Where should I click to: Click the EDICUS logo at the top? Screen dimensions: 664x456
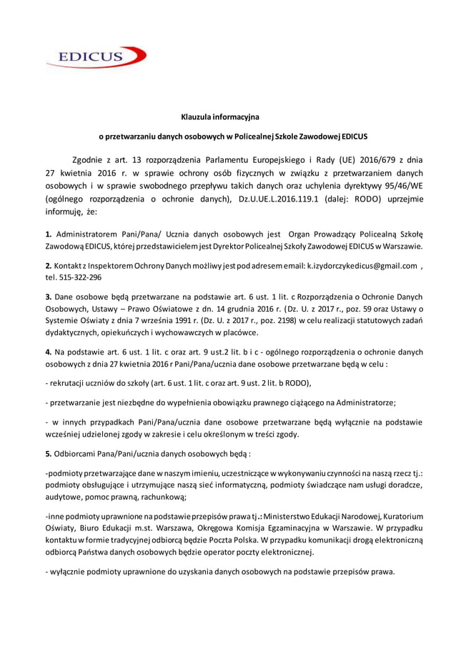(x=93, y=56)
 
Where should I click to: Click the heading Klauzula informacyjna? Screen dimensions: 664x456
(x=219, y=115)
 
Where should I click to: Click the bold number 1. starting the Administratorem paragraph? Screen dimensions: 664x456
(x=48, y=234)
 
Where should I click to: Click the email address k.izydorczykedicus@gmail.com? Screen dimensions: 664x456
(x=362, y=265)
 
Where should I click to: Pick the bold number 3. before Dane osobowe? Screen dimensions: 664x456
(x=48, y=297)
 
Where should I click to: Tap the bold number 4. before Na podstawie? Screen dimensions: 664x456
(x=48, y=352)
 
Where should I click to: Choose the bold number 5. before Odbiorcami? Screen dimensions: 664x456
(x=48, y=453)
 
